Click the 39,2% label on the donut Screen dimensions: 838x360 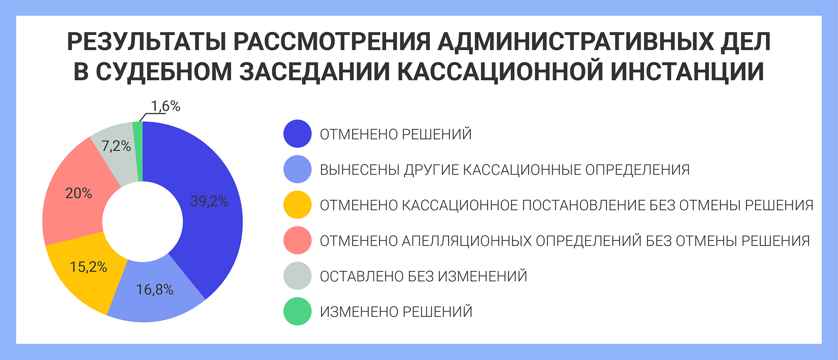click(x=209, y=202)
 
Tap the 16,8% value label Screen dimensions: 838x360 click(x=155, y=290)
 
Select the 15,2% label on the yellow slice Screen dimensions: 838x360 click(x=88, y=267)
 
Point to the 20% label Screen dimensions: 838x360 click(x=79, y=193)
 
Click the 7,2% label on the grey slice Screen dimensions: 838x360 click(x=116, y=146)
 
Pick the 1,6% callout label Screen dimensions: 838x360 click(x=166, y=106)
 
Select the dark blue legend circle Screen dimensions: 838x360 click(x=297, y=134)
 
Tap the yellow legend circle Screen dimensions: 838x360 click(x=297, y=205)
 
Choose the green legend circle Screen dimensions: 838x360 click(x=297, y=311)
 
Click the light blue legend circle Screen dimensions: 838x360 click(x=297, y=169)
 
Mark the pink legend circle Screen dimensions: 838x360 click(x=297, y=241)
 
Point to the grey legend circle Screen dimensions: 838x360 click(x=297, y=276)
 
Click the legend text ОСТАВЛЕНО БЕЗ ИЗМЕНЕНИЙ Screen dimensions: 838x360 click(x=424, y=277)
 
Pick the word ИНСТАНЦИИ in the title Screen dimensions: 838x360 click(x=687, y=72)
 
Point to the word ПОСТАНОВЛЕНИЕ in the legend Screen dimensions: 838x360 click(x=584, y=205)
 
